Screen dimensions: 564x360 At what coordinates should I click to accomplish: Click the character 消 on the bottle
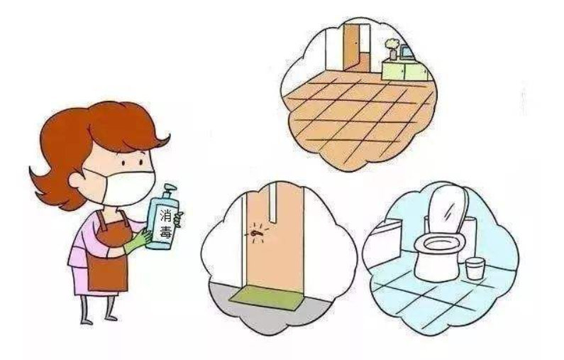(165, 217)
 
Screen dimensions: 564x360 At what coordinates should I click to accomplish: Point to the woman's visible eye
(124, 163)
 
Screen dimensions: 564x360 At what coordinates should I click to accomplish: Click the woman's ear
(76, 180)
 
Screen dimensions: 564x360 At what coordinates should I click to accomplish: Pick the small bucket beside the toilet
(475, 268)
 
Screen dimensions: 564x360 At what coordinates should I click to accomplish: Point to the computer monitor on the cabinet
(407, 53)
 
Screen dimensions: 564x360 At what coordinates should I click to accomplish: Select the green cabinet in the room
(407, 70)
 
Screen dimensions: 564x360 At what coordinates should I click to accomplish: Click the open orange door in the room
(351, 47)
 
